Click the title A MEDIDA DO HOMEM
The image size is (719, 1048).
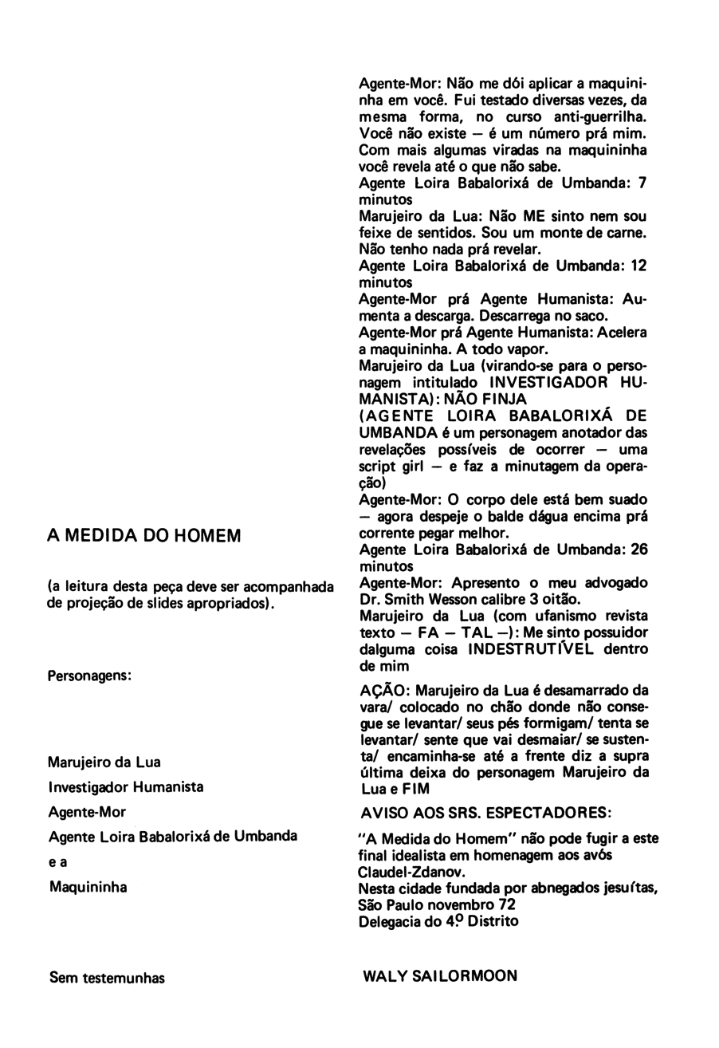click(144, 535)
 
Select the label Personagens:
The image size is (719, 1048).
click(89, 675)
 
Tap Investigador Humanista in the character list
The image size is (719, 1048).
click(126, 787)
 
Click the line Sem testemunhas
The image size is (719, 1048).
click(107, 977)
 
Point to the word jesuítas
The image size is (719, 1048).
click(618, 888)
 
